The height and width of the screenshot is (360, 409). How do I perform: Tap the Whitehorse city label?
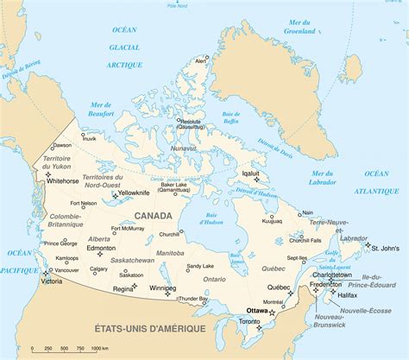63,182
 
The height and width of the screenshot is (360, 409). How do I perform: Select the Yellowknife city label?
133,193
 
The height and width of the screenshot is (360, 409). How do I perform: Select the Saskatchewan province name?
132,260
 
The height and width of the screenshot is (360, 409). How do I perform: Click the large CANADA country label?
153,216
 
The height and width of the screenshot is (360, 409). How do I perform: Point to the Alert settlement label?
201,61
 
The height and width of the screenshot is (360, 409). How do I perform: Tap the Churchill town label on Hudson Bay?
169,234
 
